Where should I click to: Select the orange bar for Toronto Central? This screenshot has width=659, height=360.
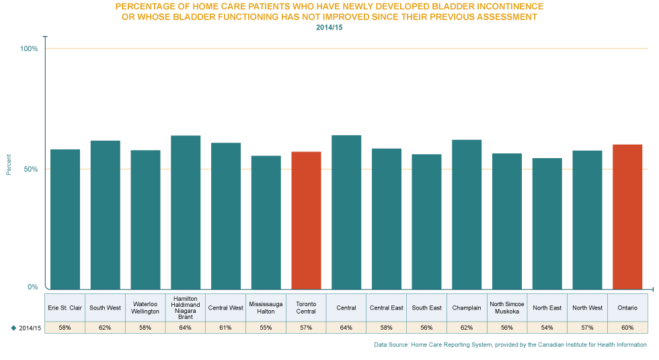pos(306,220)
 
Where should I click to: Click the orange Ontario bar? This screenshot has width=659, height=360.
pos(627,216)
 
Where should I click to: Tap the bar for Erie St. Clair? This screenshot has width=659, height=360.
pos(65,219)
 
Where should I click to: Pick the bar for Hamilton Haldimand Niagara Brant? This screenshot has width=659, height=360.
pos(186,212)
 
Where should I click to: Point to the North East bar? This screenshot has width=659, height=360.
pos(547,223)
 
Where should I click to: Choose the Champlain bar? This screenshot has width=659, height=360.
pos(467,214)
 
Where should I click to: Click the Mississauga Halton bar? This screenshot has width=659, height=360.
pos(266,222)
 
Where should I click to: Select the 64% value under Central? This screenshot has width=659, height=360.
pos(346,328)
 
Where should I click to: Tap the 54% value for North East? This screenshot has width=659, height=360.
pos(547,328)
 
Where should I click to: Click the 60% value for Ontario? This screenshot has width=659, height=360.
pos(627,328)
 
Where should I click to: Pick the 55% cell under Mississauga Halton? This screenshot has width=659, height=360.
pos(266,328)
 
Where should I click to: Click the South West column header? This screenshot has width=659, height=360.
pos(105,308)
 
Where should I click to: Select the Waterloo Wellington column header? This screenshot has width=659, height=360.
pos(145,308)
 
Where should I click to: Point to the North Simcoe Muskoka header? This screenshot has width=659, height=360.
pos(506,308)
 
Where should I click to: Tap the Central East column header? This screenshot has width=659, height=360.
pos(387,308)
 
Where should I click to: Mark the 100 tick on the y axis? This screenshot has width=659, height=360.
pos(29,52)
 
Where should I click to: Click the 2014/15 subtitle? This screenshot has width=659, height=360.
pos(329,27)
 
